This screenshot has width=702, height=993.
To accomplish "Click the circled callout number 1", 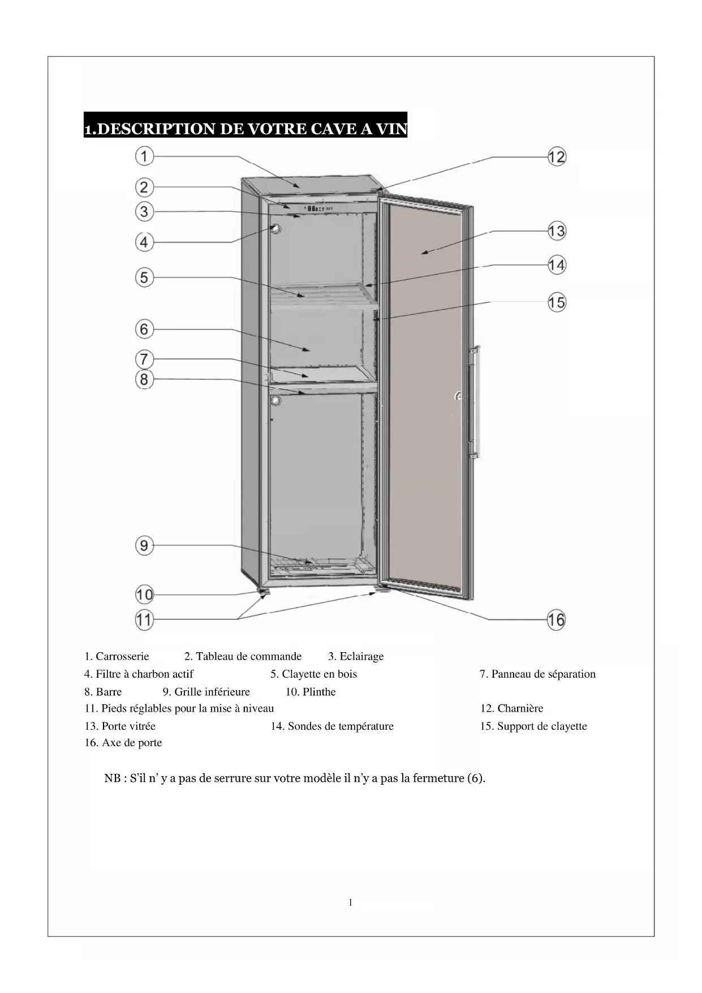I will (145, 156).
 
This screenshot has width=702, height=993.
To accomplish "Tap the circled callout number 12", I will (557, 157).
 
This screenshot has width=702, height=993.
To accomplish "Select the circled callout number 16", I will (556, 619).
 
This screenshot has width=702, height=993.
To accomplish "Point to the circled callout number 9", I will (145, 545).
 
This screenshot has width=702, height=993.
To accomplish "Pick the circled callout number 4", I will (145, 242).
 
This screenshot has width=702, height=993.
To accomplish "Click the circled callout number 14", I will (557, 265).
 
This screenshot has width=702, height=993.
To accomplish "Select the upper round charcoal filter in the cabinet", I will (275, 229).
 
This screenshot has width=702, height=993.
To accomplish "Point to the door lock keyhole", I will (459, 396).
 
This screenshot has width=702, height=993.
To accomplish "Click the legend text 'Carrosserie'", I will (122, 656).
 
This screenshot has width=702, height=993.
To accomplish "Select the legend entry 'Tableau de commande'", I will (248, 656).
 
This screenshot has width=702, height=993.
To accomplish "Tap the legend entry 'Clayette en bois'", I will (319, 674).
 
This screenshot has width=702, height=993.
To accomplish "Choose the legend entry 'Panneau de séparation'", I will (543, 674).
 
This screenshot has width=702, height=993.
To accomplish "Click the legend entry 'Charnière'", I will (519, 708).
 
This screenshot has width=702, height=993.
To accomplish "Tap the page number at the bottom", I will (351, 903).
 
